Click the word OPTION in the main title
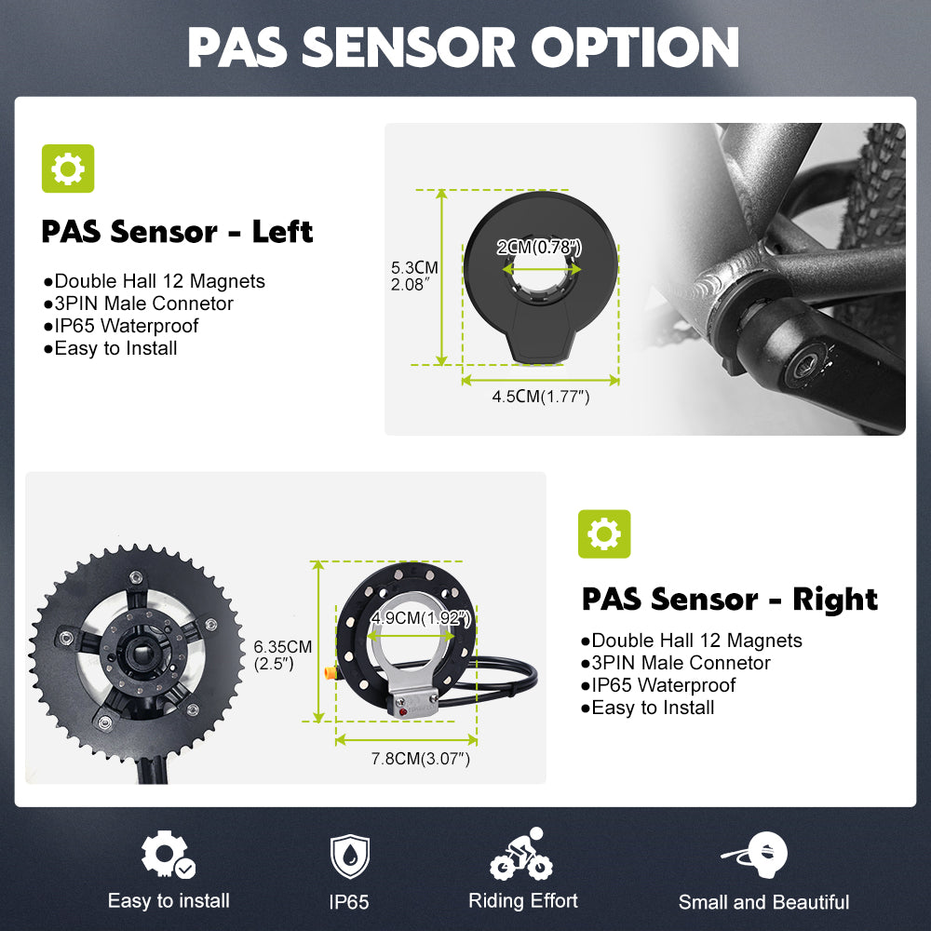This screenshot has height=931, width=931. click(635, 47)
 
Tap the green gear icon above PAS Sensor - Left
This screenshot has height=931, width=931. click(68, 169)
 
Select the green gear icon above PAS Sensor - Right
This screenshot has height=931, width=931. click(604, 533)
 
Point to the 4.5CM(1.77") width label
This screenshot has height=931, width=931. click(541, 397)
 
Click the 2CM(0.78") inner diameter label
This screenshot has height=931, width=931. click(539, 247)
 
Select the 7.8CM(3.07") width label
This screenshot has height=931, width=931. click(421, 759)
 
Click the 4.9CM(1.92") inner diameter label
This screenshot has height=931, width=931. click(421, 618)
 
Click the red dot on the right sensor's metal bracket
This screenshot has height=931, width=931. click(403, 711)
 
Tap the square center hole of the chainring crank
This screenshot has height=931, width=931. click(142, 654)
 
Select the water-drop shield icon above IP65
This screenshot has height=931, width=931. click(350, 856)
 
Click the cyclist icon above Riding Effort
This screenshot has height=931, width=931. click(521, 854)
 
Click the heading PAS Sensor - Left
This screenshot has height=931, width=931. click(177, 232)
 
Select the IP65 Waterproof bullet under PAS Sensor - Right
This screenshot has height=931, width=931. click(658, 685)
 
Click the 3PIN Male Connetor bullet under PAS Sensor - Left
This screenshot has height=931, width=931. click(139, 304)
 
